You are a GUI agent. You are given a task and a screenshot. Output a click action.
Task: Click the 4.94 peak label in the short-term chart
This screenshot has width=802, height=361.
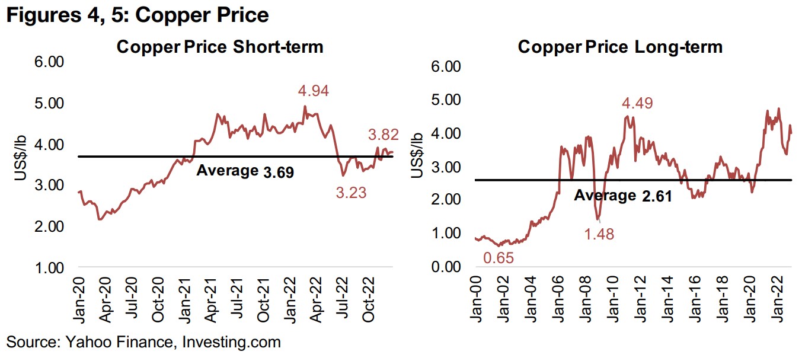(313, 91)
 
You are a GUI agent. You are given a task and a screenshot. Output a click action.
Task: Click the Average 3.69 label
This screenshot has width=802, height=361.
(245, 171)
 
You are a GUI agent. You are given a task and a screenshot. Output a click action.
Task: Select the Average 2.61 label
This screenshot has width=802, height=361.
(623, 195)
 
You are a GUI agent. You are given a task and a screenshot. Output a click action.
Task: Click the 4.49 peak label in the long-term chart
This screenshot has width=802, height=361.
(637, 103)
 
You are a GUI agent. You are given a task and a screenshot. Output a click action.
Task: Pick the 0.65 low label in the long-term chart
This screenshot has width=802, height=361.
(499, 258)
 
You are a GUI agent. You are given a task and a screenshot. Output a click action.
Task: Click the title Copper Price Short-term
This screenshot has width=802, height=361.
(220, 47)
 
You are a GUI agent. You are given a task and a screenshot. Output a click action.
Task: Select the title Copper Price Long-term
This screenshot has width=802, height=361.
(620, 47)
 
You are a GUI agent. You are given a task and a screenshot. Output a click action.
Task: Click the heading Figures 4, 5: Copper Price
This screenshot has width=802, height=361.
(138, 15)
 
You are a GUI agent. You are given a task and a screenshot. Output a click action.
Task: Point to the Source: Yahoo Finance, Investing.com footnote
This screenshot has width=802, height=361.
(143, 342)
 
